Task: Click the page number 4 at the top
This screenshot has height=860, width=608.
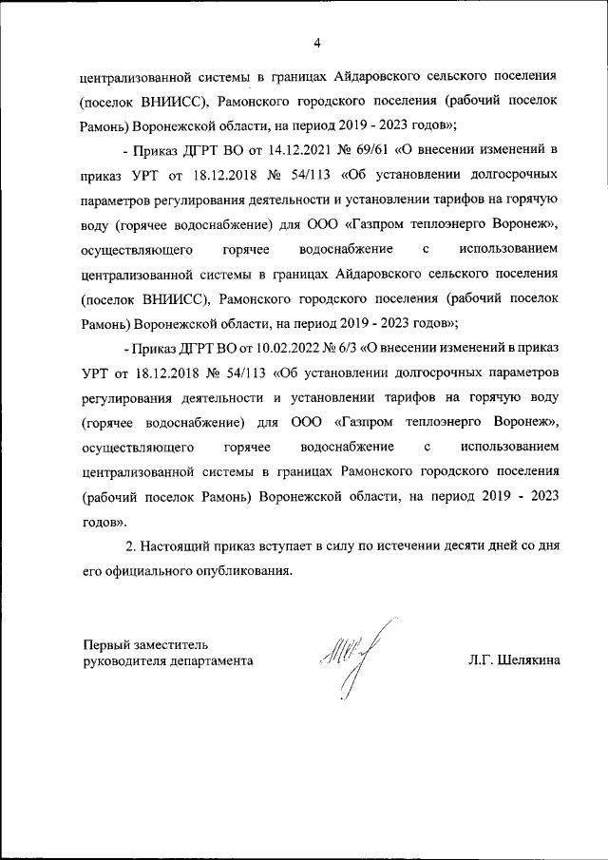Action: coord(316,42)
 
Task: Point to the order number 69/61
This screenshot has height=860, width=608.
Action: coord(356,150)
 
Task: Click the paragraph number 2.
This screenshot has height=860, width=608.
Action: coord(131,547)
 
